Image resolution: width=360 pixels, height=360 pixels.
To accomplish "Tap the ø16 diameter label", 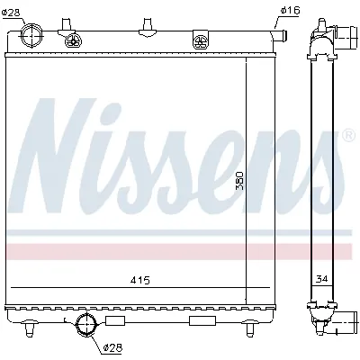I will (x=290, y=11).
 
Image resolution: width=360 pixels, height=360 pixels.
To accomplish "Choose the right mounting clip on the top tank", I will (x=199, y=39).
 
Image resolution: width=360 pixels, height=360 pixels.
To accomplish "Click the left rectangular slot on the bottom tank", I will (x=114, y=319).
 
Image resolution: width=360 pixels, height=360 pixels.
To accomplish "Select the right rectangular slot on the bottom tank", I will (x=201, y=319).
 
